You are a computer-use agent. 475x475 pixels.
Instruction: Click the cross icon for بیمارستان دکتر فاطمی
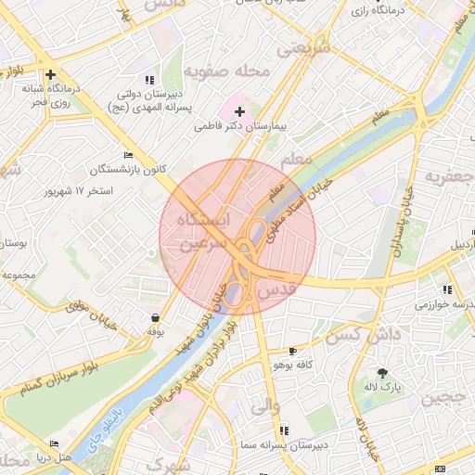[239, 111]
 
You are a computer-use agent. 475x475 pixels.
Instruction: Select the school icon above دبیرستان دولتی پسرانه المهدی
[150, 80]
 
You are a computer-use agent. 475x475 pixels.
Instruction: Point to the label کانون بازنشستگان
[128, 170]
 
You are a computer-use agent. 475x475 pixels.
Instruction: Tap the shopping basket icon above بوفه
[153, 317]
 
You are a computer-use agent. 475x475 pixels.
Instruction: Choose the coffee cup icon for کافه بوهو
[293, 352]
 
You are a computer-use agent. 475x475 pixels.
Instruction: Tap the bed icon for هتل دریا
[54, 444]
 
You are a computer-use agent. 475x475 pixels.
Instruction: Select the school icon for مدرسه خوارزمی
[448, 289]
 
